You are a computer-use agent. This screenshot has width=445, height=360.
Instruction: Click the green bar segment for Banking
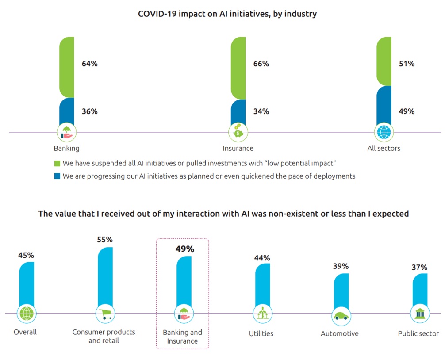click(x=66, y=66)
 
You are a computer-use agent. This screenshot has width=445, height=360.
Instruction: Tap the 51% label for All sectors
click(x=406, y=64)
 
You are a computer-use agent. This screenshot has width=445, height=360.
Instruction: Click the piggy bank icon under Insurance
click(x=238, y=132)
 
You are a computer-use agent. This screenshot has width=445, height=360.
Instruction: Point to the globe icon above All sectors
click(x=384, y=132)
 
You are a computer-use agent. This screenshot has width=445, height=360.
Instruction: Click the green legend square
click(x=57, y=163)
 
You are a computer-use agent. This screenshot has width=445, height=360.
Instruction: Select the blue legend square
click(x=57, y=176)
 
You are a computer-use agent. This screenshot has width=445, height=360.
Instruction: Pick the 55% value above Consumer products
click(x=105, y=240)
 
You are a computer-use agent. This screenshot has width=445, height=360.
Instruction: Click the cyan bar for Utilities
click(x=262, y=285)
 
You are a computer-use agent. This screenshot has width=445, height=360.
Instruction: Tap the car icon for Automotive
click(x=341, y=316)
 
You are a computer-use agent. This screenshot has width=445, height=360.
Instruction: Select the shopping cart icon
click(x=105, y=314)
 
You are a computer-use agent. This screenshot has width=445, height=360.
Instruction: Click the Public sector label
click(x=418, y=333)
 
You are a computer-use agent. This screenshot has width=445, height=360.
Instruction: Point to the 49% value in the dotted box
click(x=185, y=249)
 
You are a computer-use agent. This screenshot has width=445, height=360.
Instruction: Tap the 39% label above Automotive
click(x=341, y=266)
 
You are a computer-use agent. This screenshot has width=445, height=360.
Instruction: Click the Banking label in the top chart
click(x=66, y=149)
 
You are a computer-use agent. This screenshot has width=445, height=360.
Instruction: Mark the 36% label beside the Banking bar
click(x=89, y=111)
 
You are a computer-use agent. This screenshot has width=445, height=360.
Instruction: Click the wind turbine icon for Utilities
click(x=262, y=314)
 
